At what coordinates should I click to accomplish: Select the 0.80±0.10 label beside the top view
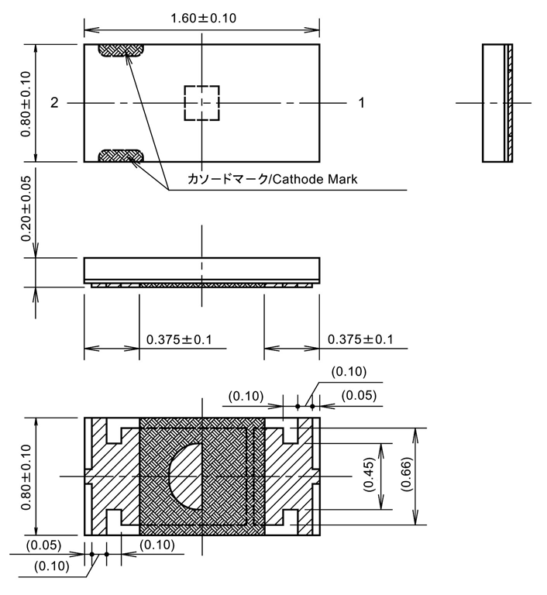[26, 102]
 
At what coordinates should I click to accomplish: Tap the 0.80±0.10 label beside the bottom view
[26, 476]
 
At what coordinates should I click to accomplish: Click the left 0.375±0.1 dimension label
[179, 339]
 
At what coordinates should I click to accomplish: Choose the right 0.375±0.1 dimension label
[360, 339]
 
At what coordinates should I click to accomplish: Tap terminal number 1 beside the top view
[361, 102]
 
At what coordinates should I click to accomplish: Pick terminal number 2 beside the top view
[54, 102]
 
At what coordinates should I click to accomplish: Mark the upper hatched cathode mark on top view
[121, 50]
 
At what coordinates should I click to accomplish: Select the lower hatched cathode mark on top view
[121, 156]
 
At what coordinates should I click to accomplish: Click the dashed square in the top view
[201, 102]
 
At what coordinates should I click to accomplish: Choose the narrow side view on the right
[497, 103]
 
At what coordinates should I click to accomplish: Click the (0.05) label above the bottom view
[359, 395]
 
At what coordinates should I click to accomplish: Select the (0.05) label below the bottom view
[44, 545]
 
